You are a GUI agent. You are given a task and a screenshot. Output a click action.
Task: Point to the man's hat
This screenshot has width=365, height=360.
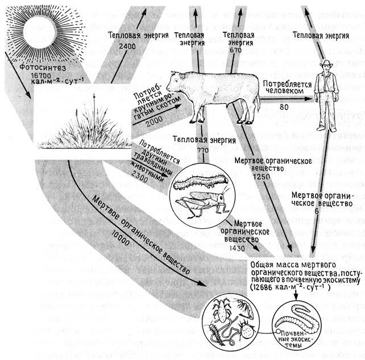pyautogui.click(x=327, y=64)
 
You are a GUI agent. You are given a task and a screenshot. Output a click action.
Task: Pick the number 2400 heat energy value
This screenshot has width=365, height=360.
pyautogui.click(x=128, y=46)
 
